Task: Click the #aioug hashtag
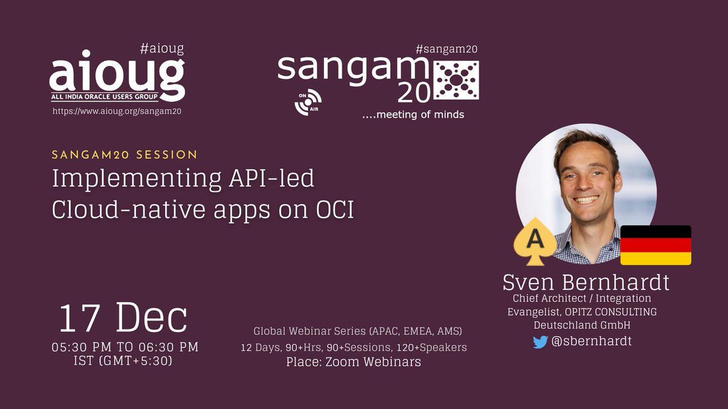pos(161,48)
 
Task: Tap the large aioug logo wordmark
pos(116,76)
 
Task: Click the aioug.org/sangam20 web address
pos(118,111)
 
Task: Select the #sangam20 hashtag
pos(446,50)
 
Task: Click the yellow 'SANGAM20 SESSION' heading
pos(125,155)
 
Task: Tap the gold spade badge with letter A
pos(534,241)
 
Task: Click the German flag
pos(655,245)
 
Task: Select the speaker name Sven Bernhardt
pos(586,282)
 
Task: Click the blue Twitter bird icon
pos(540,342)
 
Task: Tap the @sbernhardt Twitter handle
pos(591,341)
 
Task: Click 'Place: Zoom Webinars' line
pos(353,362)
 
